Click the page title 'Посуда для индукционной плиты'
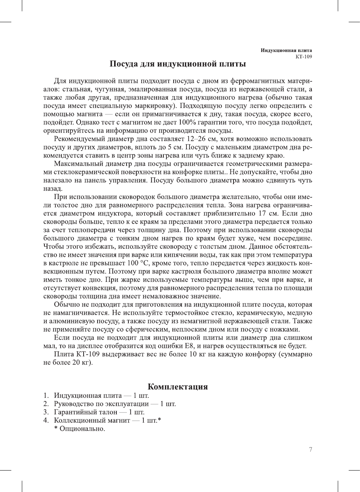click(177, 64)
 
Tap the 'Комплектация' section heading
click(177, 387)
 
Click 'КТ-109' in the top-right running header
click(304, 57)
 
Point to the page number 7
click(310, 449)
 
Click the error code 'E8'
click(189, 346)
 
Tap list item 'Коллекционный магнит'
click(92, 420)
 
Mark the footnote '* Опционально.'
click(79, 429)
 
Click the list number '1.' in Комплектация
click(46, 396)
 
